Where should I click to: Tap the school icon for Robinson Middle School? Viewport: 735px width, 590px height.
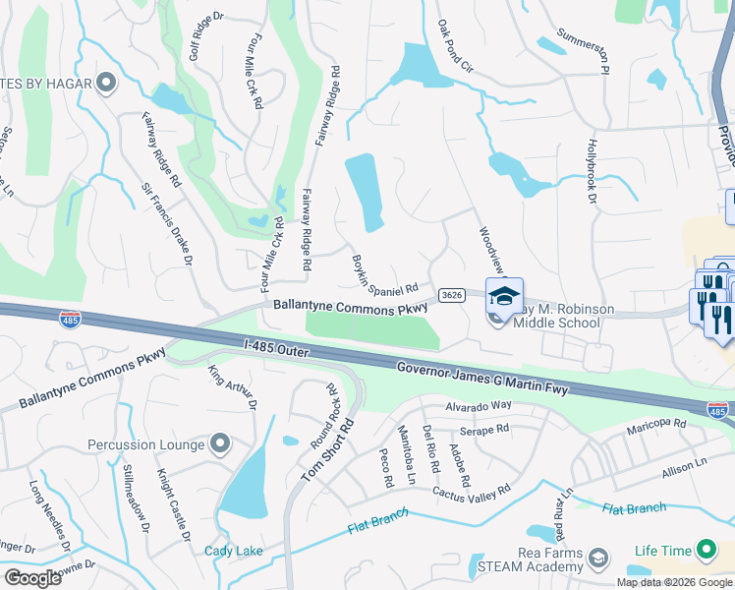click(x=504, y=296)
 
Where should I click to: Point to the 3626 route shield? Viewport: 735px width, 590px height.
click(x=452, y=295)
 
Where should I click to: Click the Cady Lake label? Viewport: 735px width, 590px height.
click(x=234, y=551)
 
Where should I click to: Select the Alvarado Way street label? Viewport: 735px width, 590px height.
click(x=480, y=405)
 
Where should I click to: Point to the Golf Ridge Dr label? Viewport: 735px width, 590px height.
click(x=207, y=36)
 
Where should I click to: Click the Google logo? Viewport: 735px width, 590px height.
click(x=33, y=577)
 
